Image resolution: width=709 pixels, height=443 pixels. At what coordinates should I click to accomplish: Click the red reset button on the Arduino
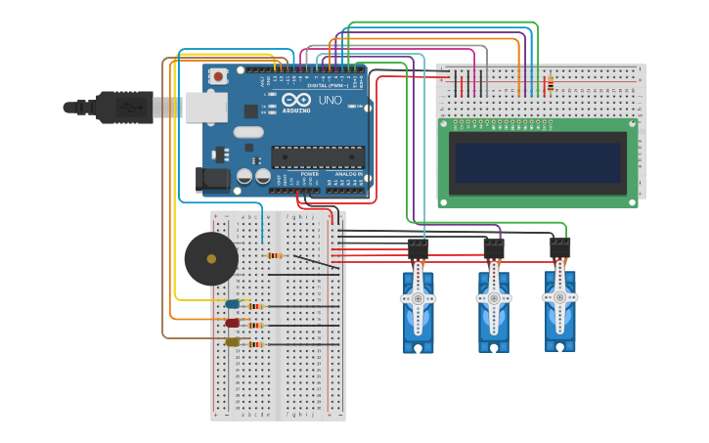tap(217, 75)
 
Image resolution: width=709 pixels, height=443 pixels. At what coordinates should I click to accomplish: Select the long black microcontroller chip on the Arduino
tap(317, 156)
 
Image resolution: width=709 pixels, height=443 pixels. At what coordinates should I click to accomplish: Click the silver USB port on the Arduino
tap(205, 108)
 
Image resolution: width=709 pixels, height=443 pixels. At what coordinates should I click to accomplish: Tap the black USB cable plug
tap(125, 108)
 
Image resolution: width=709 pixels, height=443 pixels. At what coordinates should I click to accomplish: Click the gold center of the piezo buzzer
tap(210, 259)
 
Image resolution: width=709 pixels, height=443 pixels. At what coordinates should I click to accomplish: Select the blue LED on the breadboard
tap(232, 304)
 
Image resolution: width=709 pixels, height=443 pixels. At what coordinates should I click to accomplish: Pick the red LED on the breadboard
tap(232, 323)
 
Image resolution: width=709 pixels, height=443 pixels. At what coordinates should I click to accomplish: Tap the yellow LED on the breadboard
tap(232, 342)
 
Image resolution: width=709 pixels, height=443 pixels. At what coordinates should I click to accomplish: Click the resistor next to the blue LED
tap(255, 306)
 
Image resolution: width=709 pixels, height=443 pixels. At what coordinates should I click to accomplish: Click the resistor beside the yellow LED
tap(256, 344)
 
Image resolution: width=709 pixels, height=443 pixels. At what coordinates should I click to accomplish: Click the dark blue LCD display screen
tap(537, 163)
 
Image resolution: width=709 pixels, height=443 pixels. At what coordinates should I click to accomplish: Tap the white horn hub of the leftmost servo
tap(418, 297)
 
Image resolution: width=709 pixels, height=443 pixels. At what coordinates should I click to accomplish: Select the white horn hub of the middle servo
tap(494, 297)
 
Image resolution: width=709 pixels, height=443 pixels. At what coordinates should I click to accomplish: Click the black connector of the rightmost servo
tap(559, 248)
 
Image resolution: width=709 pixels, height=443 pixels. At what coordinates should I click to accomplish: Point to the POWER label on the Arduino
tap(309, 174)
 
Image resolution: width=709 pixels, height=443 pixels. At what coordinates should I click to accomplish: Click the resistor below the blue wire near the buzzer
tap(274, 256)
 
